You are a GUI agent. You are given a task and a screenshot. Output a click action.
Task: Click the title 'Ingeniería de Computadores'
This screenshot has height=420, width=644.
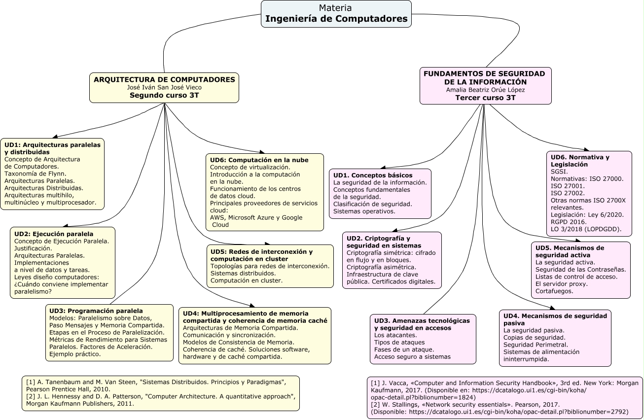pyautogui.click(x=336, y=19)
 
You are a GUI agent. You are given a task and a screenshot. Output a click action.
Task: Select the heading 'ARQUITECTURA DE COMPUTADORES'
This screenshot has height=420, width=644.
pyautogui.click(x=164, y=80)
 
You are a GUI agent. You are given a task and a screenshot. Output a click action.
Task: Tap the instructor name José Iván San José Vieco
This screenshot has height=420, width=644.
pyautogui.click(x=164, y=87)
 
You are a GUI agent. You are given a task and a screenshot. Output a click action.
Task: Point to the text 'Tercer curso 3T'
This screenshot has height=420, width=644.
pyautogui.click(x=485, y=98)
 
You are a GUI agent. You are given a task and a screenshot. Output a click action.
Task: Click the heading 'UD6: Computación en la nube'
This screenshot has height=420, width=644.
pyautogui.click(x=259, y=160)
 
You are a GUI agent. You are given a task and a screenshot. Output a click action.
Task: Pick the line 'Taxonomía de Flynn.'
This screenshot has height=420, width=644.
pyautogui.click(x=36, y=174)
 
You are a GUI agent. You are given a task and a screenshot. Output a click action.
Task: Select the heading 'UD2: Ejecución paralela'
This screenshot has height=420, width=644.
pyautogui.click(x=54, y=234)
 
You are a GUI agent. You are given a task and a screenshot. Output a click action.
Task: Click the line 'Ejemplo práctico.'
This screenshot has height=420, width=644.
pyautogui.click(x=75, y=354)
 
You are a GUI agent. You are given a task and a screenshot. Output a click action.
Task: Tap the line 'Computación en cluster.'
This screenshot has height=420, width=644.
pyautogui.click(x=247, y=280)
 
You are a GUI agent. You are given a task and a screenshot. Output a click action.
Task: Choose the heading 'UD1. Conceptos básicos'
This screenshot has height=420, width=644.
pyautogui.click(x=373, y=175)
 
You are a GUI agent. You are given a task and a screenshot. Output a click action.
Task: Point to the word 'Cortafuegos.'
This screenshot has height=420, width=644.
pyautogui.click(x=554, y=291)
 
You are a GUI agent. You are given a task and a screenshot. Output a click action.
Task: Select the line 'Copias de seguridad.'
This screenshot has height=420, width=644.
pyautogui.click(x=535, y=338)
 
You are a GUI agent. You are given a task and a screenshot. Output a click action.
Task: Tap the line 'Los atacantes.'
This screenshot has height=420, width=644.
pyautogui.click(x=395, y=335)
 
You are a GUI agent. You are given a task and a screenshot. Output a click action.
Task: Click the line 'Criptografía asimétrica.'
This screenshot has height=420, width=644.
pyautogui.click(x=381, y=267)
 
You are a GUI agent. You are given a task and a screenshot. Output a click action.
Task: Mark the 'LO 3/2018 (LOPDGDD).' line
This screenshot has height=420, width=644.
pyautogui.click(x=586, y=229)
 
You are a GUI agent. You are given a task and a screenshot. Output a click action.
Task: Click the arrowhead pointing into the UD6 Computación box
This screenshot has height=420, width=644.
pyautogui.click(x=262, y=152)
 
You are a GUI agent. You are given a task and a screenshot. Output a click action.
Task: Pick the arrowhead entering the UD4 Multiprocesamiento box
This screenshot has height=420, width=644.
pyautogui.click(x=252, y=305)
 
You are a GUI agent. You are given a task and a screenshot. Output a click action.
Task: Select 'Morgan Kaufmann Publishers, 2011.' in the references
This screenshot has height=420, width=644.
pyautogui.click(x=80, y=404)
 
